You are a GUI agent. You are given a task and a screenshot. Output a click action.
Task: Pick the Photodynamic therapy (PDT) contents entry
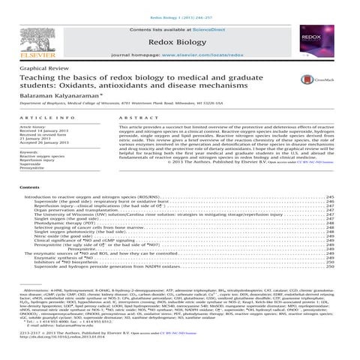tap(65, 223)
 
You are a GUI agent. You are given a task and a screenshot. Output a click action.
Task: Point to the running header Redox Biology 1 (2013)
tap(180, 5)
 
